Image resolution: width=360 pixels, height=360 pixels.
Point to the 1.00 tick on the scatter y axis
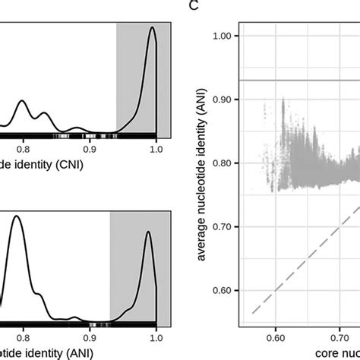(x=227, y=36)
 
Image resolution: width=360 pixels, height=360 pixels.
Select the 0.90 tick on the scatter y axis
(x=227, y=99)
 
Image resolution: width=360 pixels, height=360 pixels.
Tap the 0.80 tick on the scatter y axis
(x=227, y=163)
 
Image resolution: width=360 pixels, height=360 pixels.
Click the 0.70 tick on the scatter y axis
(x=227, y=227)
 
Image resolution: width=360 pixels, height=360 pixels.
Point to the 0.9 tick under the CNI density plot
(x=90, y=150)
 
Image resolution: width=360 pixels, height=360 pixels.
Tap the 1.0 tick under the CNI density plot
(x=156, y=150)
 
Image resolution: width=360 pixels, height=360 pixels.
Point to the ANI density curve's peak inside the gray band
(x=148, y=232)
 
